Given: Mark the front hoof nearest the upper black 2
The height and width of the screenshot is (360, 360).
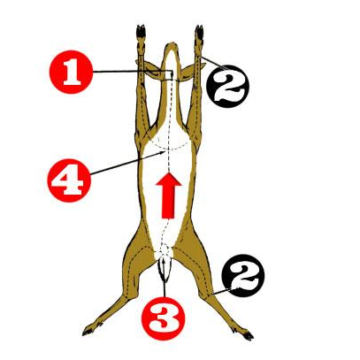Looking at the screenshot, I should [x=196, y=34].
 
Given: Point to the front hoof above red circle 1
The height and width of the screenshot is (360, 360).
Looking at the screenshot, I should [x=141, y=35].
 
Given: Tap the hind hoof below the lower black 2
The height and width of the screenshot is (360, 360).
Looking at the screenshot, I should [x=236, y=333].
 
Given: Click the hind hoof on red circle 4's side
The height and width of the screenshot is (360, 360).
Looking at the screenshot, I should [x=89, y=332].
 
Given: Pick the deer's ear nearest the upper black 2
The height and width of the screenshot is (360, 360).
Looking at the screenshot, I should [x=184, y=76].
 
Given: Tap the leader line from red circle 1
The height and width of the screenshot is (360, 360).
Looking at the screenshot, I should [x=124, y=71].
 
